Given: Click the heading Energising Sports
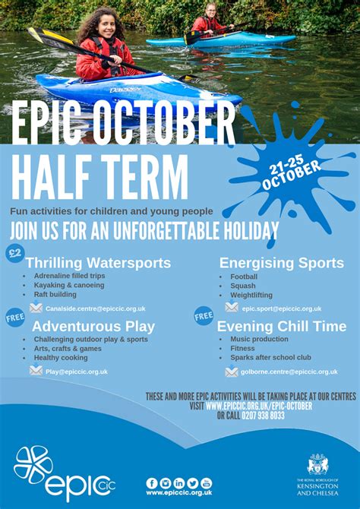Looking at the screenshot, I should tap(281, 263).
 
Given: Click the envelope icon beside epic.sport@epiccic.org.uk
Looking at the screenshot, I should tap(232, 308).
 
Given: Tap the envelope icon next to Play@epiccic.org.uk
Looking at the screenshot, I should tap(36, 371).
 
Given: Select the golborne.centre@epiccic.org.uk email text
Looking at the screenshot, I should tap(289, 371).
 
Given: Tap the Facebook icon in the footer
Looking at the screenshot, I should tap(152, 483).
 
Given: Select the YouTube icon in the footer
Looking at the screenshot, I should tap(206, 483).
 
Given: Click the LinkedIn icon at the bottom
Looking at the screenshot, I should tap(179, 483).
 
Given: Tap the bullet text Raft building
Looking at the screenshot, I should tap(55, 295).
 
